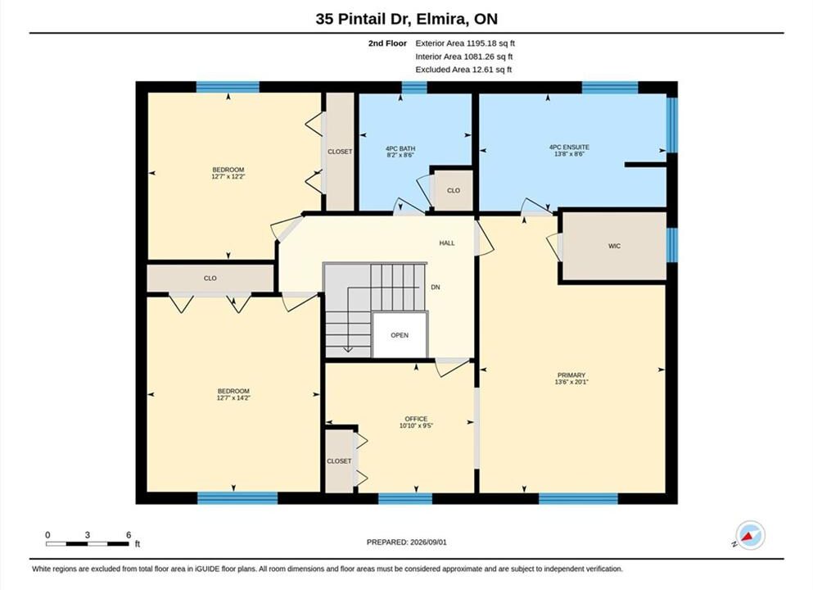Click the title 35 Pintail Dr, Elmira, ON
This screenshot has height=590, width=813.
[406, 19]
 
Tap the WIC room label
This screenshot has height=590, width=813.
[614, 246]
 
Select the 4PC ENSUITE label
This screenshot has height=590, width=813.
[569, 147]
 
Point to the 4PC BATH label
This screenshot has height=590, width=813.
[400, 148]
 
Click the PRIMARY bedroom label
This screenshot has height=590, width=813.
[571, 375]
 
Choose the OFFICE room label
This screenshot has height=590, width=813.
[417, 419]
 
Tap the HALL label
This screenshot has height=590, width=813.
[447, 243]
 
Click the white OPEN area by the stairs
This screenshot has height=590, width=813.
[400, 335]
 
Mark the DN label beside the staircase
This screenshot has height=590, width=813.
[436, 287]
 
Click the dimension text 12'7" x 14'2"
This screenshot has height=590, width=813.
[233, 398]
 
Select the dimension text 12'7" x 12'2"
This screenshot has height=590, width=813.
[228, 176]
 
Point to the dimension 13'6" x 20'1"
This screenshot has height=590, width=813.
[571, 382]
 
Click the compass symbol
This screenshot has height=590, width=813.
[750, 535]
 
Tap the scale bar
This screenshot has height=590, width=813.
[88, 544]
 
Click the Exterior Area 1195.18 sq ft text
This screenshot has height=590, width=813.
[465, 43]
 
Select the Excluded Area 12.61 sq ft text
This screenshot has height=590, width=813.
[463, 70]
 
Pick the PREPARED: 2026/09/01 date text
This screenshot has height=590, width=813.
[406, 542]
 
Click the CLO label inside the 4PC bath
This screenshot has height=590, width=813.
[454, 190]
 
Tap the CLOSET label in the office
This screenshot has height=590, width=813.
[339, 461]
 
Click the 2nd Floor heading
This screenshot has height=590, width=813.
[387, 43]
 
